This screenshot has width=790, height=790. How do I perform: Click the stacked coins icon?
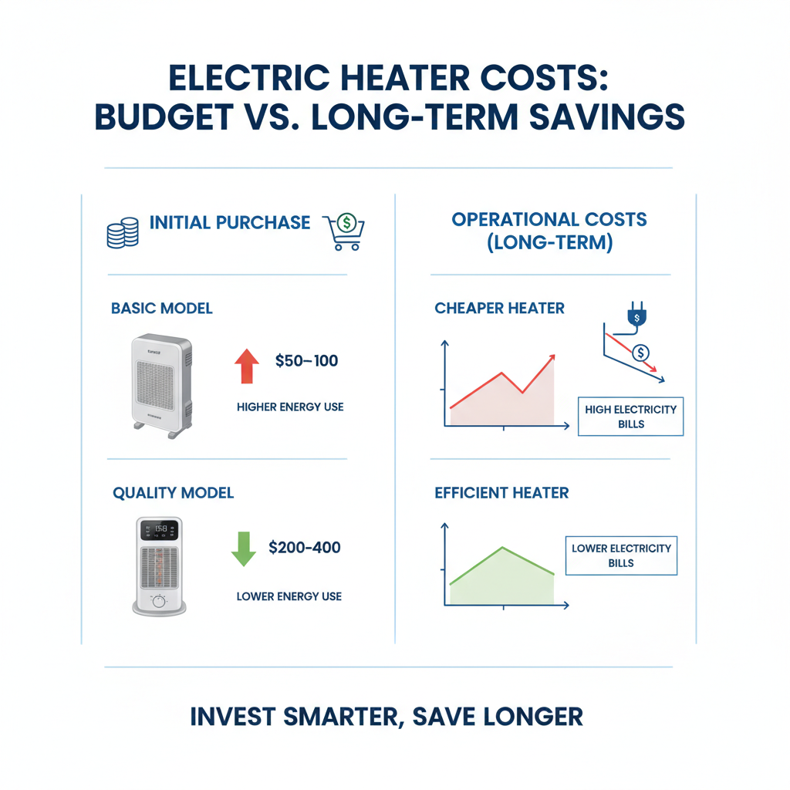pos(121,232)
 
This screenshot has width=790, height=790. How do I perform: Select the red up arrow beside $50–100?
pos(246,366)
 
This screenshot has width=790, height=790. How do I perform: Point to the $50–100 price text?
pos(306,360)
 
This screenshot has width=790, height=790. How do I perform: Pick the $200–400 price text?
pos(304,548)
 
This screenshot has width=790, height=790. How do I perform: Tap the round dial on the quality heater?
pos(159,599)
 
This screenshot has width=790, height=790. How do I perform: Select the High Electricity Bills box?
pos(630,417)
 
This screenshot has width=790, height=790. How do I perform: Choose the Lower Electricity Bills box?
pos(621,555)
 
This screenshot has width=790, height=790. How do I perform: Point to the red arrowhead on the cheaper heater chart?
pos(552,357)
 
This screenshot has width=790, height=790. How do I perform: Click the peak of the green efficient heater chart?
pos(503,548)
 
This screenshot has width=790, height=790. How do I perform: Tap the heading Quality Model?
pos(173,493)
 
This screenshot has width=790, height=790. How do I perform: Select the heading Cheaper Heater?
pos(499,309)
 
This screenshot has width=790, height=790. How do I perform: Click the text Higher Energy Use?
pos(290,407)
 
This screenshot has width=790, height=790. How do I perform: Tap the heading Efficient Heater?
pos(501,493)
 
